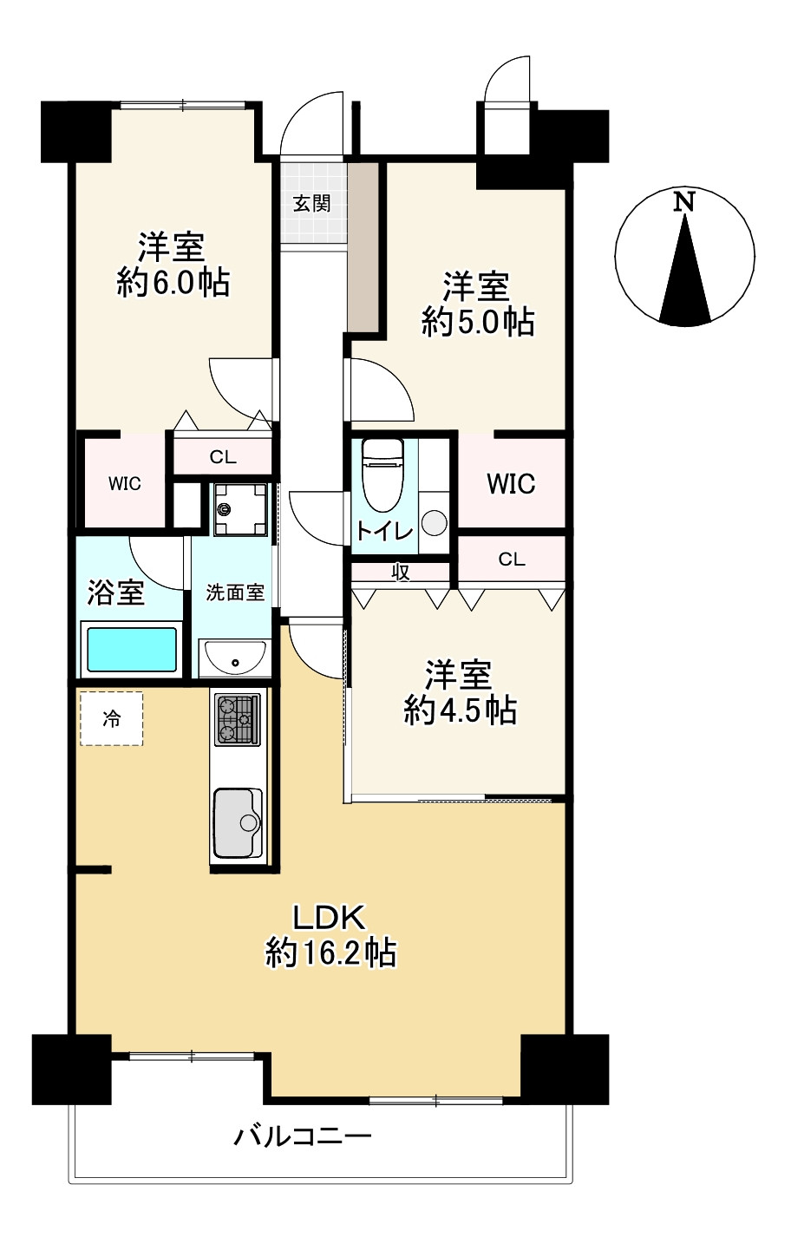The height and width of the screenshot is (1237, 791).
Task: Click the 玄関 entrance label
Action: pyautogui.click(x=311, y=203)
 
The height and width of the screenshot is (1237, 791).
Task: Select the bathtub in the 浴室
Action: pyautogui.click(x=131, y=650)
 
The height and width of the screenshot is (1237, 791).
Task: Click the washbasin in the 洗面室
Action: pyautogui.click(x=234, y=658)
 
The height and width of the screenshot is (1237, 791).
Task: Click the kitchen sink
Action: pyautogui.click(x=239, y=823)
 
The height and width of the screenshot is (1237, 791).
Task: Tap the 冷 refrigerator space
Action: pyautogui.click(x=112, y=718)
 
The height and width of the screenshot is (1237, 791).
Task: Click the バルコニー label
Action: pyautogui.click(x=303, y=1136)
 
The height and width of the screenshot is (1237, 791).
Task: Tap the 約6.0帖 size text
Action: pyautogui.click(x=173, y=283)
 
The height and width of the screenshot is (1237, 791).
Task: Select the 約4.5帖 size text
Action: pyautogui.click(x=461, y=710)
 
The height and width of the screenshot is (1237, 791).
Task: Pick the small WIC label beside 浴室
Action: pyautogui.click(x=125, y=484)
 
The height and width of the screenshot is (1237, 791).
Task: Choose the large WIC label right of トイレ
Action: pyautogui.click(x=511, y=484)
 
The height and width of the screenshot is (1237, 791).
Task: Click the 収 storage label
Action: pyautogui.click(x=401, y=573)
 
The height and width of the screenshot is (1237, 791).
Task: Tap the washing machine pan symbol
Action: pyautogui.click(x=240, y=508)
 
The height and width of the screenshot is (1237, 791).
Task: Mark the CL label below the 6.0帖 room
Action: pyautogui.click(x=223, y=457)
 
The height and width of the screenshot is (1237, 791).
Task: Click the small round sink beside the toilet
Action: pyautogui.click(x=434, y=522)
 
